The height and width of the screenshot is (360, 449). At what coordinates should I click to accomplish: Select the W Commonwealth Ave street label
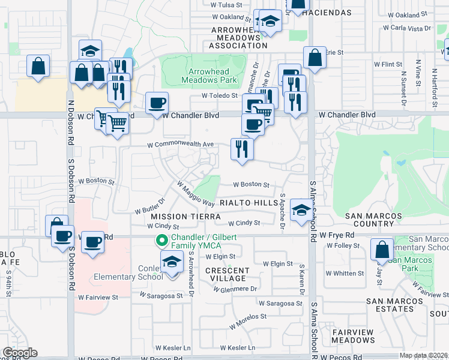pos(181,145)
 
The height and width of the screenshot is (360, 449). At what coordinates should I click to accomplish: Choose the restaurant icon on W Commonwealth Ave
pos(242,149)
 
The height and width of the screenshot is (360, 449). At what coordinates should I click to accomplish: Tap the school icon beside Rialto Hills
pos(300,210)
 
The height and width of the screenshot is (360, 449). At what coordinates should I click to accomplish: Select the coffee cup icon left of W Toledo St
pos(157,103)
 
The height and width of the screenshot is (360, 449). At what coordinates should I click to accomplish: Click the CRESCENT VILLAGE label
pos(226,274)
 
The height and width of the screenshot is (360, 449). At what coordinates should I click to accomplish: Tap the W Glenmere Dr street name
pos(235,289)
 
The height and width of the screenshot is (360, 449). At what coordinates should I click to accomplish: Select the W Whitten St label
pos(344,273)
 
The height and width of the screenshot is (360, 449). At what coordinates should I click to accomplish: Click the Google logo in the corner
pos(19,353)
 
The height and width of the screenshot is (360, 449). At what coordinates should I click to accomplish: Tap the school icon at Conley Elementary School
pos(172,262)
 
